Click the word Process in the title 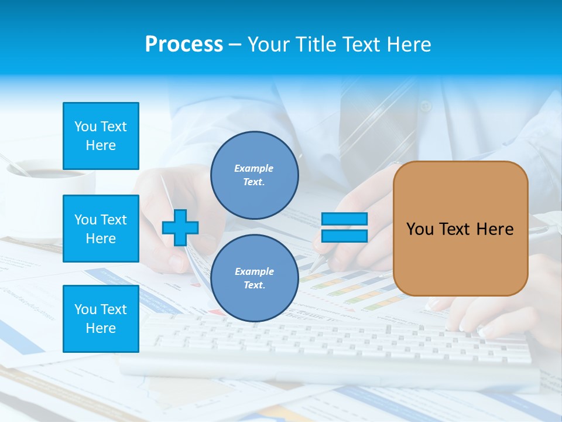pyautogui.click(x=184, y=45)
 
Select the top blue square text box pyautogui.click(x=101, y=136)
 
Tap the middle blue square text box pyautogui.click(x=101, y=229)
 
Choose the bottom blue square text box pyautogui.click(x=101, y=318)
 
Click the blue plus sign pyautogui.click(x=180, y=227)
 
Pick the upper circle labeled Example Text pyautogui.click(x=254, y=175)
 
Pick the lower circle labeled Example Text pyautogui.click(x=254, y=278)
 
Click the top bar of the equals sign pyautogui.click(x=344, y=219)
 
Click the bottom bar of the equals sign pyautogui.click(x=344, y=236)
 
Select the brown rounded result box pyautogui.click(x=460, y=229)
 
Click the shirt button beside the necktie pyautogui.click(x=426, y=107)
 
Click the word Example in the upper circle pyautogui.click(x=254, y=168)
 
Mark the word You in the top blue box pyautogui.click(x=85, y=127)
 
